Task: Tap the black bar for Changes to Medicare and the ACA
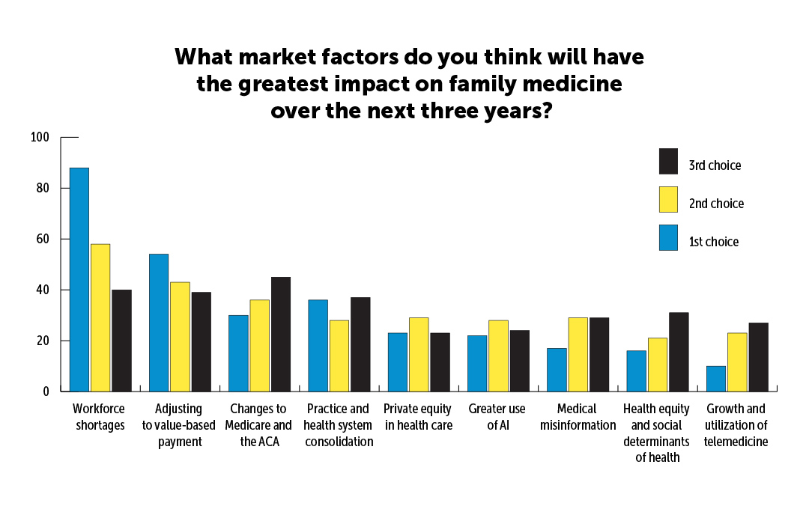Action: (280, 334)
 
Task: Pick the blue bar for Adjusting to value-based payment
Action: (159, 323)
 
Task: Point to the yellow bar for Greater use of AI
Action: (498, 356)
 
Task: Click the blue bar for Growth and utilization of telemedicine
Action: (716, 378)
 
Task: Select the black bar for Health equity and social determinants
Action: (679, 352)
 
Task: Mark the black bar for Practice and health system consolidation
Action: (360, 344)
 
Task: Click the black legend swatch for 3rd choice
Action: (668, 162)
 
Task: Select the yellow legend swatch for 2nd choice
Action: (668, 200)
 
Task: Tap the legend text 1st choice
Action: (714, 242)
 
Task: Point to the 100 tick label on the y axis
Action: (39, 137)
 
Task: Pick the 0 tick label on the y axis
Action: (45, 392)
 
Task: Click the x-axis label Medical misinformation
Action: (578, 418)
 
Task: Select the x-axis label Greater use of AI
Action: (497, 418)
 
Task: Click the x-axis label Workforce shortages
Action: (99, 418)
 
